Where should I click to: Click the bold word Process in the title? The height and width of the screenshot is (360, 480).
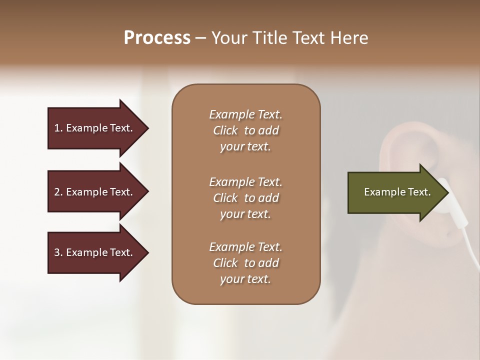click(157, 38)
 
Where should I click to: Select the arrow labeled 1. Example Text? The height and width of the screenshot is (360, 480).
click(95, 128)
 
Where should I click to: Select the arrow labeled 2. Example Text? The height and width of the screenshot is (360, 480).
click(95, 192)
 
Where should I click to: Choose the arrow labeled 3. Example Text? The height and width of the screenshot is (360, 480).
click(95, 252)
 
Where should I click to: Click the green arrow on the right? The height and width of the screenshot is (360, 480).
click(395, 192)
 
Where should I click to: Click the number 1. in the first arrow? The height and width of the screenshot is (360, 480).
click(58, 128)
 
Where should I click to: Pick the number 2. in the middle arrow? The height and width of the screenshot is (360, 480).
click(58, 192)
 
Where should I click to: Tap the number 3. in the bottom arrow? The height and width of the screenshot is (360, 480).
click(58, 252)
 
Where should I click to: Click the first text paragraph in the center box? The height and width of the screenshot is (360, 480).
click(245, 130)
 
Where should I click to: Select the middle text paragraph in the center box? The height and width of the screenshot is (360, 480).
click(245, 197)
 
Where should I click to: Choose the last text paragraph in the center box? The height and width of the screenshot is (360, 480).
click(245, 263)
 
